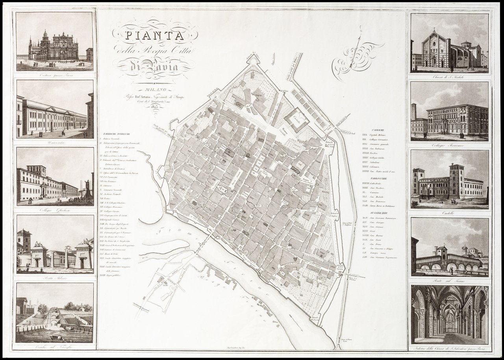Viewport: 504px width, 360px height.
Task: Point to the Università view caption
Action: coord(54,142)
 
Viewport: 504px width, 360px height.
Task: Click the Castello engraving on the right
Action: coord(450,179)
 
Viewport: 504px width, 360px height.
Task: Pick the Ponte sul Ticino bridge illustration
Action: coord(450,248)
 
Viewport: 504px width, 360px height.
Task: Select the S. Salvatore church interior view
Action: coord(450,315)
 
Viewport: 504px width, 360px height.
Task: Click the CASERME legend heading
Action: coord(378,130)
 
